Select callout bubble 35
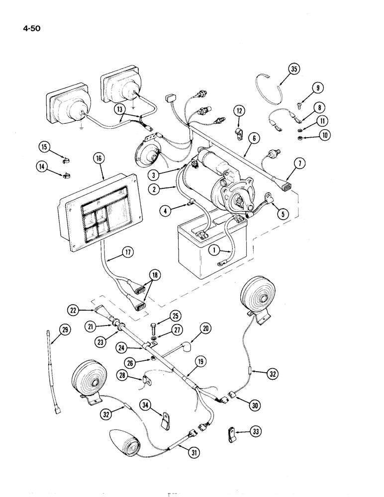(x=293, y=69)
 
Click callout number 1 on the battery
(x=214, y=251)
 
